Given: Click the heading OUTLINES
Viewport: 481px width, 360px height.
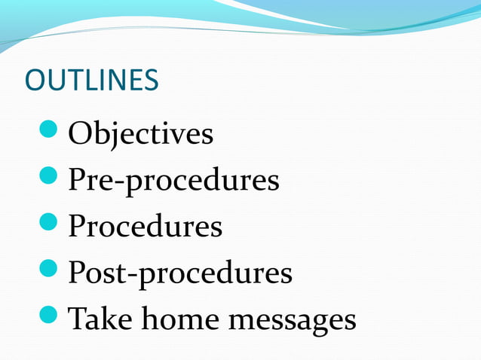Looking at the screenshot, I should (92, 80).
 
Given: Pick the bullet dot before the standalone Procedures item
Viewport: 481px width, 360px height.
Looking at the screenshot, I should (51, 225).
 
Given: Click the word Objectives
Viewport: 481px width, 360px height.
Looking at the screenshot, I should (141, 134).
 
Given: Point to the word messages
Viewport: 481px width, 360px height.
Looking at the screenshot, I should (293, 320).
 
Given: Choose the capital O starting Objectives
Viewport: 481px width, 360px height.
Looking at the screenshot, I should (79, 134).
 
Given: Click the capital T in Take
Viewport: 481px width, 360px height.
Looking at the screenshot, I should (77, 319).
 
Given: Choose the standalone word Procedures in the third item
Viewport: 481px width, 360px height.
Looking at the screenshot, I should (146, 227).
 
